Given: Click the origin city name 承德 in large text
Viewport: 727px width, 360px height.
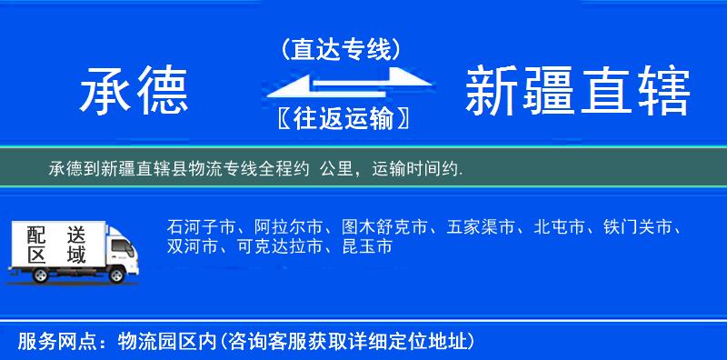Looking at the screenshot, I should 134,93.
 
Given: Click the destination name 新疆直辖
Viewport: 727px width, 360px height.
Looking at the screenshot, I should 577,93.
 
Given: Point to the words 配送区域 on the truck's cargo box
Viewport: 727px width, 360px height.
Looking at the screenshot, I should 53,243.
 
